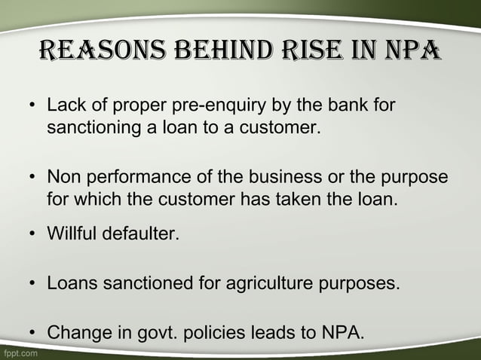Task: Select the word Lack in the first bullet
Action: [66, 106]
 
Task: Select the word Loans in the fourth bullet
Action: [70, 284]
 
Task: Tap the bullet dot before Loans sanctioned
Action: [34, 285]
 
